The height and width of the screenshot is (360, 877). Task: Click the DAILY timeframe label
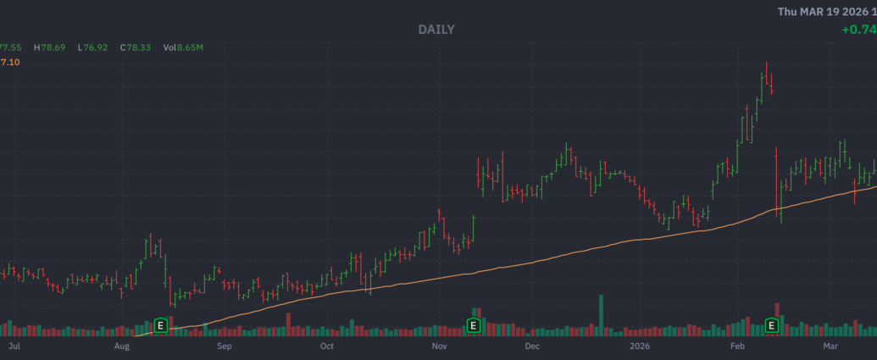pyautogui.click(x=436, y=30)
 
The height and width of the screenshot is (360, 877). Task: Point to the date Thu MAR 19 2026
pyautogui.click(x=826, y=11)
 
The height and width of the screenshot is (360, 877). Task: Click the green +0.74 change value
pyautogui.click(x=859, y=30)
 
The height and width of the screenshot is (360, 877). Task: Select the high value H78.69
pyautogui.click(x=53, y=47)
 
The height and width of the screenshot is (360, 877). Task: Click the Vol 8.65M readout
pyautogui.click(x=184, y=47)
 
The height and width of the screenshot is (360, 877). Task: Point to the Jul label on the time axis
pyautogui.click(x=13, y=346)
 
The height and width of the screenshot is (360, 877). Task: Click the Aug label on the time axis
pyautogui.click(x=122, y=346)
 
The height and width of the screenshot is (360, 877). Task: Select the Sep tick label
pyautogui.click(x=224, y=346)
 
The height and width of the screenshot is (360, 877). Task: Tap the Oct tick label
pyautogui.click(x=326, y=346)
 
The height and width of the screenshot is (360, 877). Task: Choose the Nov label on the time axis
pyautogui.click(x=438, y=346)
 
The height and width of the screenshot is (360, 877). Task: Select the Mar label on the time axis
pyautogui.click(x=830, y=346)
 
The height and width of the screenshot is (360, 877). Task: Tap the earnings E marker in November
pyautogui.click(x=474, y=324)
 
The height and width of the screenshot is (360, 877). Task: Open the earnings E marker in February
pyautogui.click(x=772, y=324)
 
